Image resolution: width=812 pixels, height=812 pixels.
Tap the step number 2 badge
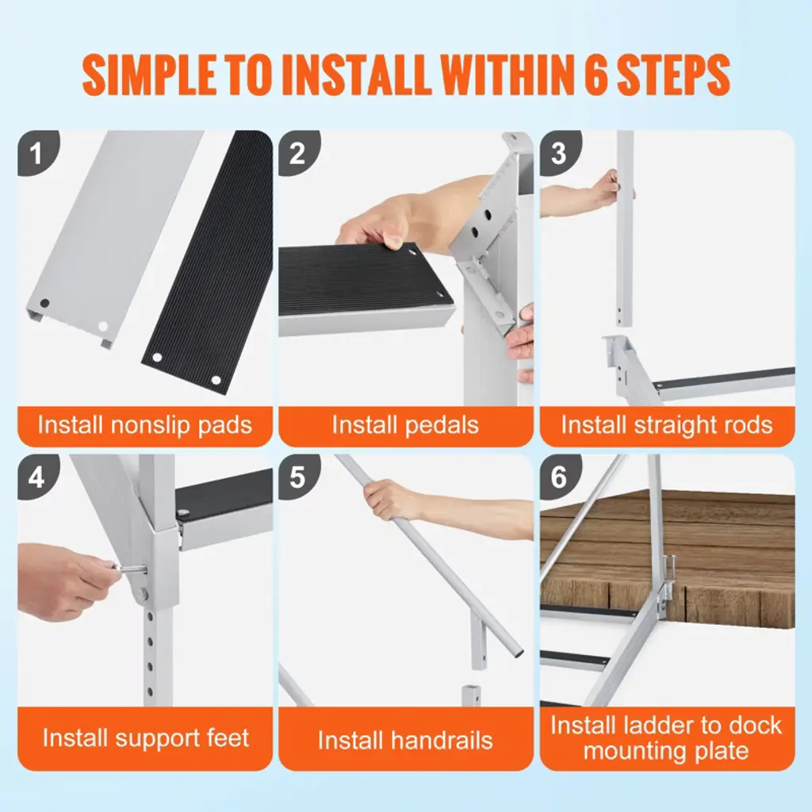pyautogui.click(x=297, y=152)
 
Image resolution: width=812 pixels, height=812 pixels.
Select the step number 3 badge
pyautogui.click(x=559, y=152)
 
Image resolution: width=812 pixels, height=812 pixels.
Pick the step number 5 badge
pyautogui.click(x=297, y=477)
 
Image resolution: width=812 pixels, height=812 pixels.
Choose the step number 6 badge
pyautogui.click(x=559, y=477)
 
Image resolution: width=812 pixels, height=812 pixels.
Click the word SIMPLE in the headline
pyautogui.click(x=150, y=75)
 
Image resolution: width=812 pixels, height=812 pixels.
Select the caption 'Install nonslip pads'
pyautogui.click(x=145, y=425)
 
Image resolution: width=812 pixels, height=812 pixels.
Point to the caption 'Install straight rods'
pyautogui.click(x=667, y=425)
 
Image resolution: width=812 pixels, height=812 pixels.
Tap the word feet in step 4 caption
pyautogui.click(x=228, y=737)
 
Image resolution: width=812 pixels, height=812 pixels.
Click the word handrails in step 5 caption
pyautogui.click(x=442, y=740)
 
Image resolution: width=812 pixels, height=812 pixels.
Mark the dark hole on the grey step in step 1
pyautogui.click(x=44, y=303)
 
